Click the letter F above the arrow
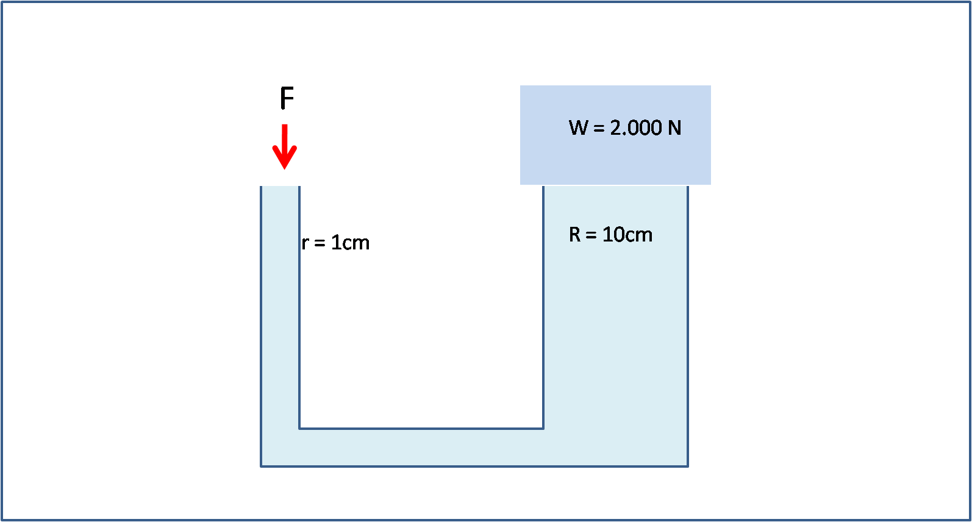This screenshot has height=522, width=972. click(287, 98)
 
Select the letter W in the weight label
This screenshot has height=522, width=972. click(578, 128)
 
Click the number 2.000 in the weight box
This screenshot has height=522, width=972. click(636, 128)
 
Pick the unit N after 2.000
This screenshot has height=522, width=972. click(674, 128)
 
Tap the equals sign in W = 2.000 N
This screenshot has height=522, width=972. click(599, 129)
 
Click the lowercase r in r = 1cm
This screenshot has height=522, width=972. click(305, 243)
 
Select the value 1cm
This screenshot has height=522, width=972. click(351, 243)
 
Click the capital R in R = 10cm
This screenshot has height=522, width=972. click(574, 235)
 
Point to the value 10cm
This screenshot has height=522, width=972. click(627, 235)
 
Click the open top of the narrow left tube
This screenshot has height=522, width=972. click(280, 187)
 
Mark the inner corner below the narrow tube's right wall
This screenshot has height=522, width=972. click(299, 428)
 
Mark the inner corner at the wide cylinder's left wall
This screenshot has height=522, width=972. click(543, 428)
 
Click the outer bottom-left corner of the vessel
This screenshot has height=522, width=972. click(261, 467)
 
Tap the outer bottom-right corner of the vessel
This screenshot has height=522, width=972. click(688, 467)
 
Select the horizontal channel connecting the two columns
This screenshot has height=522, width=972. click(421, 448)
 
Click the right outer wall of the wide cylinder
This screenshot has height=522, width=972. click(688, 323)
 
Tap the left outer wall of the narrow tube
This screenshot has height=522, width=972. click(261, 323)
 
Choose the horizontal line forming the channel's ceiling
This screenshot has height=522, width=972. click(421, 428)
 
